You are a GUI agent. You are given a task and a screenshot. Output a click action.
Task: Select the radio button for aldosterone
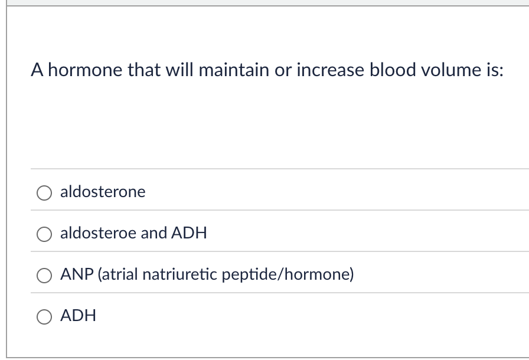(x=45, y=193)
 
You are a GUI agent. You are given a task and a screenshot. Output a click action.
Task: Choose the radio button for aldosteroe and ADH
(x=45, y=234)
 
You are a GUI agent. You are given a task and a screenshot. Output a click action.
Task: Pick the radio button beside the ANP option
(x=45, y=276)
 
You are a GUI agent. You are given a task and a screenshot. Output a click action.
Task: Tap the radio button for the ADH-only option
(x=45, y=317)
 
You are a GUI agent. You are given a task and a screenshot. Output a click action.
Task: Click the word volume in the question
(x=454, y=70)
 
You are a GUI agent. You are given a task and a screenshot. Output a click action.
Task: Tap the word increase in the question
(x=330, y=70)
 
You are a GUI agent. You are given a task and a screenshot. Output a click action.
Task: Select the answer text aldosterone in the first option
(x=103, y=192)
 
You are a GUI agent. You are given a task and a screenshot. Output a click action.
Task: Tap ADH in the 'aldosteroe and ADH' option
(x=189, y=233)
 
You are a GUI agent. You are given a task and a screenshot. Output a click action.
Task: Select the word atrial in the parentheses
(x=118, y=274)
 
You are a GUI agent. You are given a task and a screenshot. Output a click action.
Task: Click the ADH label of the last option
(x=78, y=316)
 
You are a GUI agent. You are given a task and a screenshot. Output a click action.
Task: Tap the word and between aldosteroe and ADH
(x=154, y=233)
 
